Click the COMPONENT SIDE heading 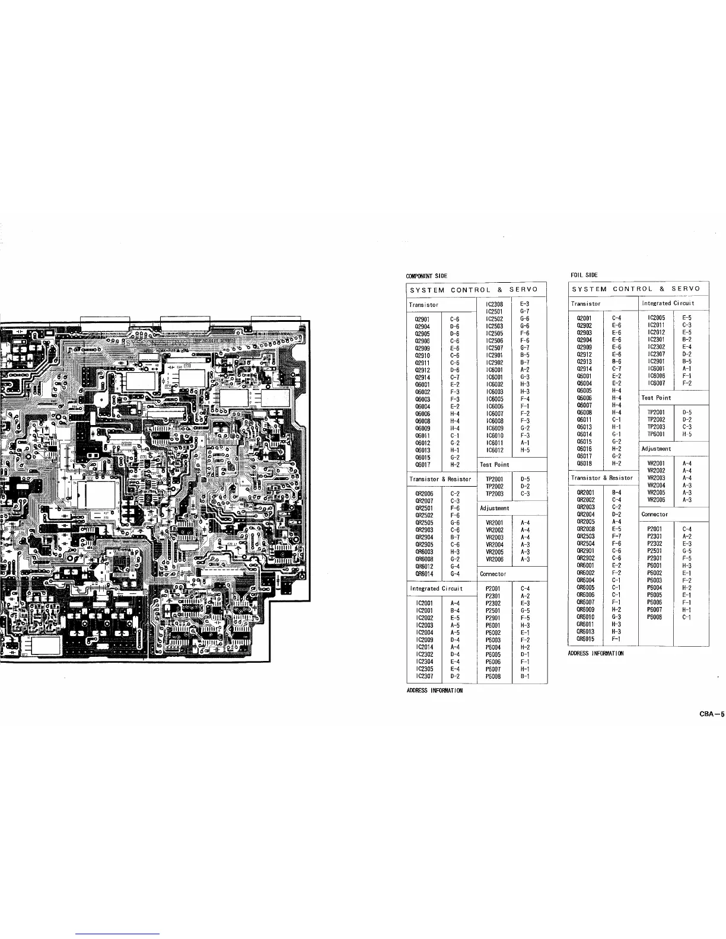[426, 276]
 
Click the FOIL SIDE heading [584, 275]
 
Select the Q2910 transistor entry [422, 355]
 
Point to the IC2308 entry [494, 304]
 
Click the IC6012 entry [494, 449]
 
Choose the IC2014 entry [425, 647]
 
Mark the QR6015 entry [585, 638]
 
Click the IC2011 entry [657, 325]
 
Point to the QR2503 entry [585, 536]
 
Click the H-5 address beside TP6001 [687, 434]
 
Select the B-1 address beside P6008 [524, 676]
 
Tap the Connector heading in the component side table [493, 574]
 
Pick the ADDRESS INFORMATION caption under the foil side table [596, 653]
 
